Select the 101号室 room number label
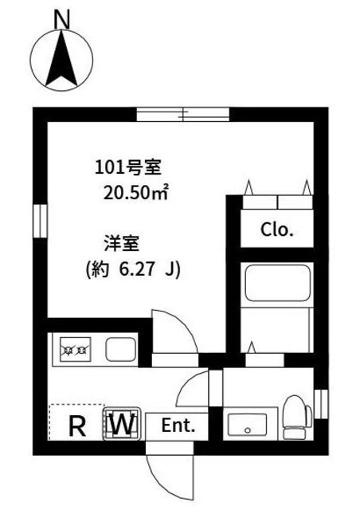coord(128,167)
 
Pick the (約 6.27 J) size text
coord(133,269)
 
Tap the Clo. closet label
coord(278,231)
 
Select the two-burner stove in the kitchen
coord(74,348)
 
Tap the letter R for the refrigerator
coord(77,425)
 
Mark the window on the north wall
coord(183,115)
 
